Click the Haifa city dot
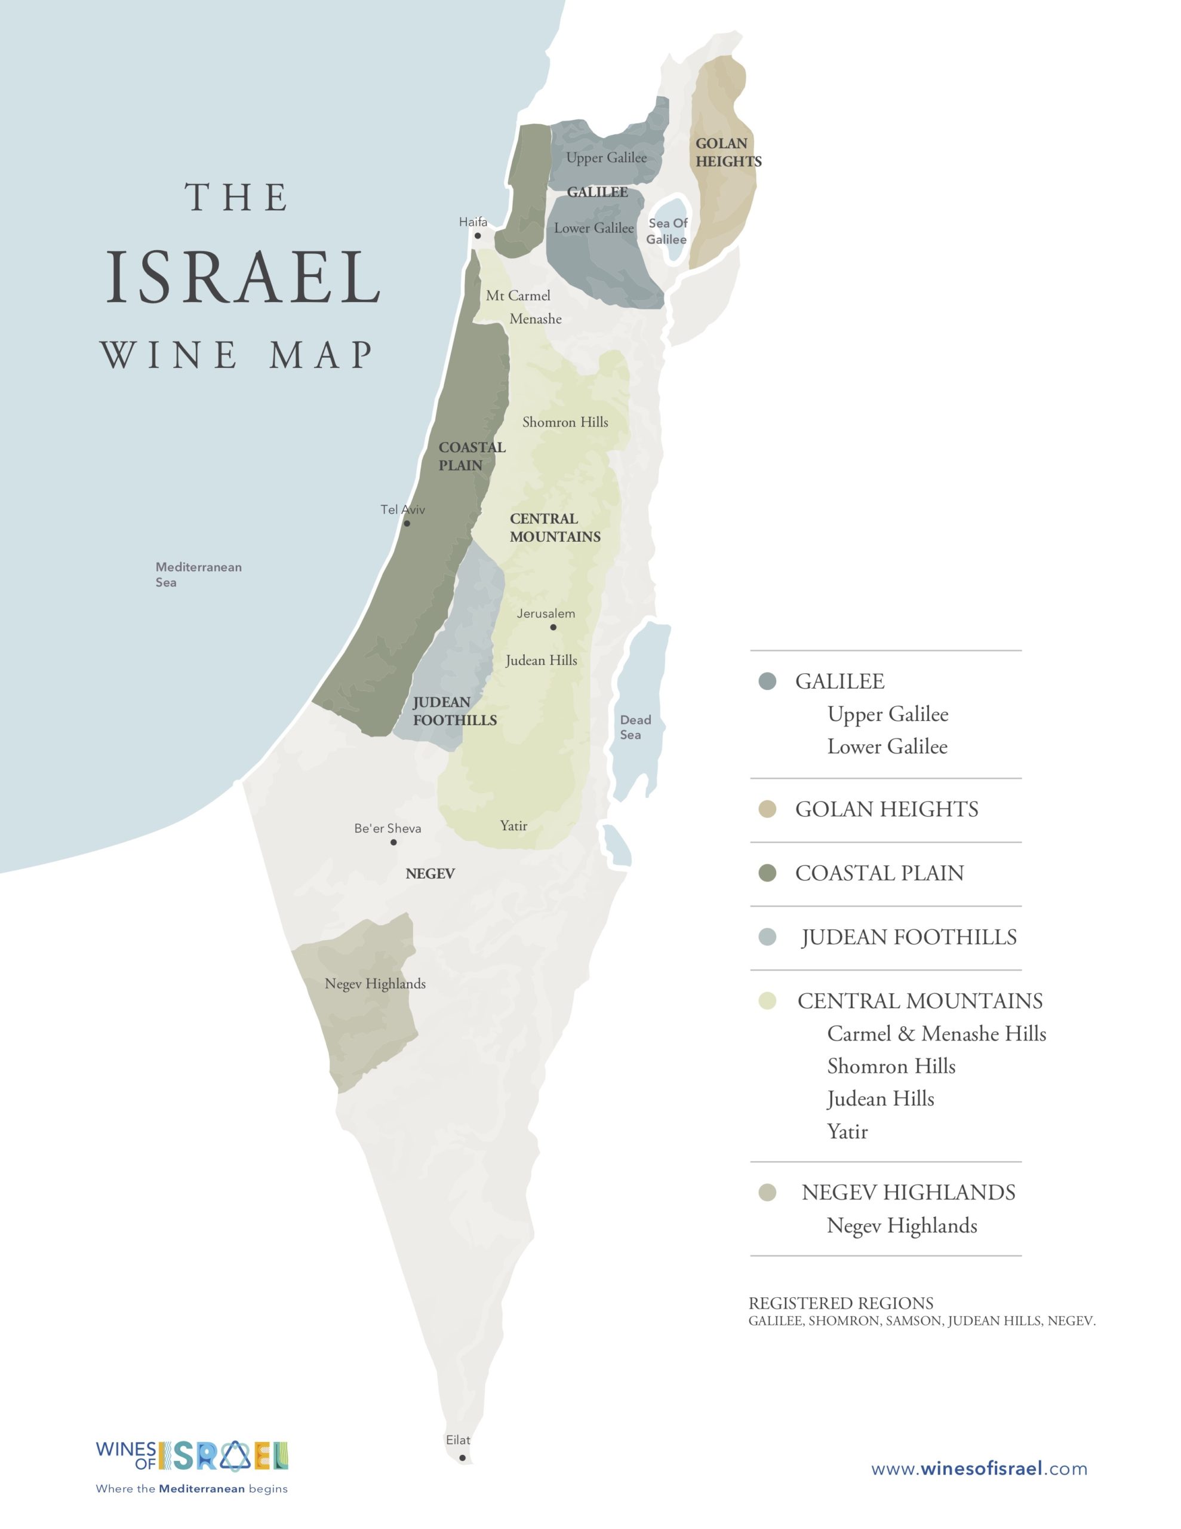[x=478, y=236]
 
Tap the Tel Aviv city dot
[x=407, y=523]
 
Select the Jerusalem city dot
[x=553, y=627]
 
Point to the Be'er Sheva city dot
[x=393, y=842]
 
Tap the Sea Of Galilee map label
[x=667, y=231]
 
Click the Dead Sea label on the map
[x=634, y=727]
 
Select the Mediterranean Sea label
[x=198, y=574]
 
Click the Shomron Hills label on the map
[x=565, y=422]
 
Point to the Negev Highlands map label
[x=374, y=984]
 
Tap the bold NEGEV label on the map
[x=430, y=874]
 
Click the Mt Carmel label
[x=518, y=296]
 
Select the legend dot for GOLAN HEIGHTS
[x=767, y=809]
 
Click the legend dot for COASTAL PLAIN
[x=767, y=873]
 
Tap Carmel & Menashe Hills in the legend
[x=936, y=1033]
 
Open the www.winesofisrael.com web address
[x=979, y=1468]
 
